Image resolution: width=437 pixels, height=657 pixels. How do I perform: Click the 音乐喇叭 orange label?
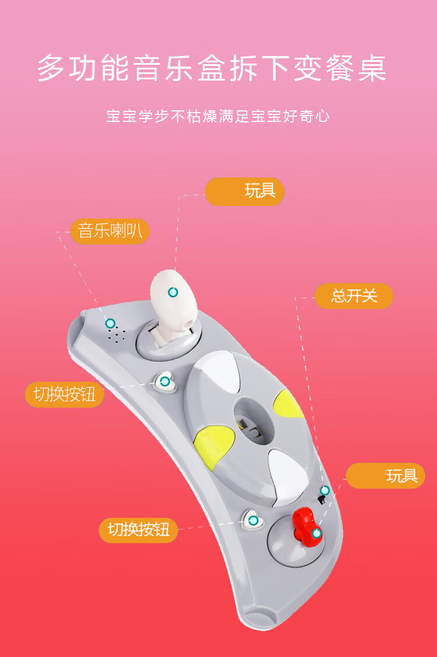click(110, 231)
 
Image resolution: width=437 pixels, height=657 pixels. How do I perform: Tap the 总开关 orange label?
click(354, 296)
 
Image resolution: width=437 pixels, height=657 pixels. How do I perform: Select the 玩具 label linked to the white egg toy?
click(245, 191)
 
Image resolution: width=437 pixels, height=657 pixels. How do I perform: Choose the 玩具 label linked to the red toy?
click(386, 476)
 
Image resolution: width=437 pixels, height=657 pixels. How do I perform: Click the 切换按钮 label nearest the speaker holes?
click(65, 394)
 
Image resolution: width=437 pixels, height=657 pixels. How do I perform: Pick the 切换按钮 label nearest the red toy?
click(139, 530)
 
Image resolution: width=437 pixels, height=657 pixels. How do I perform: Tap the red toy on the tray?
click(307, 526)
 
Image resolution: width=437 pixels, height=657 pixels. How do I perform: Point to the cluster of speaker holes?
click(117, 334)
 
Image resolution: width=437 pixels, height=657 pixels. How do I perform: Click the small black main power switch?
click(322, 499)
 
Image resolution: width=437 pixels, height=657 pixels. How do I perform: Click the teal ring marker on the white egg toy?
click(173, 292)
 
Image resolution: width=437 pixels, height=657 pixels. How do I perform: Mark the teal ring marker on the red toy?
click(317, 533)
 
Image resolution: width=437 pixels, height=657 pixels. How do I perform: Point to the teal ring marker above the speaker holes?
click(110, 323)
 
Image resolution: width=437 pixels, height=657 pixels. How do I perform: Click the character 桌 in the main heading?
click(372, 68)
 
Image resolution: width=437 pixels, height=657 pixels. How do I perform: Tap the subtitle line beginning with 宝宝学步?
click(218, 116)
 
